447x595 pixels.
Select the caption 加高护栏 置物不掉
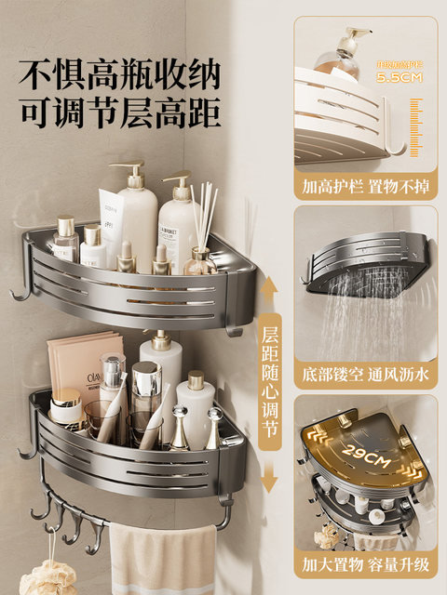click(366, 184)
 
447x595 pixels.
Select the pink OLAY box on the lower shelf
click(84, 372)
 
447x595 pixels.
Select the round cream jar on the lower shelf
click(66, 409)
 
